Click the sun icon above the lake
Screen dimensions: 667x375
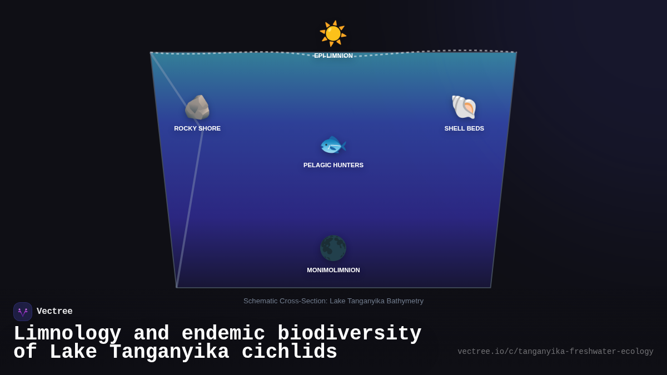pos(333,33)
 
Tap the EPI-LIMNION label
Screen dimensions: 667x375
pos(333,56)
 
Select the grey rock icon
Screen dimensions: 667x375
pos(197,107)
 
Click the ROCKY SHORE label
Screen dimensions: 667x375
pos(197,128)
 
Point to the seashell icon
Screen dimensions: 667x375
pos(464,107)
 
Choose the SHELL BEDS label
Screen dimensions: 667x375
pos(464,128)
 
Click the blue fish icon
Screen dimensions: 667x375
pos(333,145)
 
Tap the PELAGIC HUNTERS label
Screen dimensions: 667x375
pos(333,165)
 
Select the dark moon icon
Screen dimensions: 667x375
pos(333,248)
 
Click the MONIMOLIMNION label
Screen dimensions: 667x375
pos(333,270)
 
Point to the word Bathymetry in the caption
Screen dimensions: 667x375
pos(405,301)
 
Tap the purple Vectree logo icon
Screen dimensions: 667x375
pos(23,312)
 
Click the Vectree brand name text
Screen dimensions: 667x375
pos(54,311)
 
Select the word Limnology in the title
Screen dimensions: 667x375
pos(68,333)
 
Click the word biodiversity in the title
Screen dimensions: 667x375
pos(350,333)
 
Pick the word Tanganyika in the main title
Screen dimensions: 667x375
pos(170,352)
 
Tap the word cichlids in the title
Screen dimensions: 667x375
pos(290,351)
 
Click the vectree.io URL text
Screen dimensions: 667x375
pos(555,352)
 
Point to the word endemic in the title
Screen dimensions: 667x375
pos(223,333)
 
